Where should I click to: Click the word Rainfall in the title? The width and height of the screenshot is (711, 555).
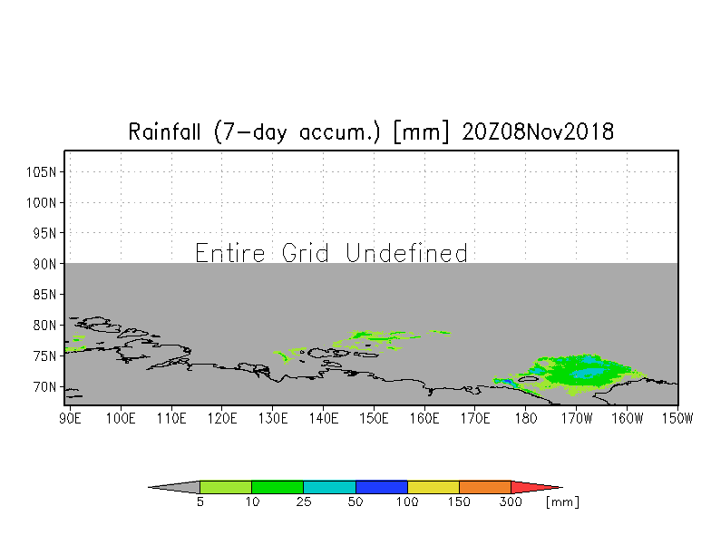coord(164,132)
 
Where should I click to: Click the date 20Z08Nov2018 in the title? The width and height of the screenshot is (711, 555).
coord(538,132)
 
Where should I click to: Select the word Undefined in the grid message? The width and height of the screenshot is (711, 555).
coord(406,252)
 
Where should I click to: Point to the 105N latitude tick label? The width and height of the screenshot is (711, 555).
coord(41,172)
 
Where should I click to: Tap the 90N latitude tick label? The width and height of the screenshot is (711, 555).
coord(44,264)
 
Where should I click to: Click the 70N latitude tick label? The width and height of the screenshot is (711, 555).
coord(44,386)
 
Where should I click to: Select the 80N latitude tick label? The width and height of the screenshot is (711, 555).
coord(44,325)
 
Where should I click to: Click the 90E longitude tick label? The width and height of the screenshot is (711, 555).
coord(70,418)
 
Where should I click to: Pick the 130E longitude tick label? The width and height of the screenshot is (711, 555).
coord(272,418)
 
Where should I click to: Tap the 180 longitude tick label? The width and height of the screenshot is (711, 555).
coord(526,418)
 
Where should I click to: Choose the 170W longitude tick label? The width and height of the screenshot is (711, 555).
coord(577,418)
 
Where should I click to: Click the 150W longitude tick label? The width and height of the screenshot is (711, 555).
coord(677,418)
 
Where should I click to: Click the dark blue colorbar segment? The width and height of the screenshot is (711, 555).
coord(381,487)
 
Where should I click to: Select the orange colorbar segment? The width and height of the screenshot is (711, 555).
coord(484,487)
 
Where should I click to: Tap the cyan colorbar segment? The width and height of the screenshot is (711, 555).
coord(330,487)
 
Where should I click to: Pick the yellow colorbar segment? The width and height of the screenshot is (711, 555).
coord(433,487)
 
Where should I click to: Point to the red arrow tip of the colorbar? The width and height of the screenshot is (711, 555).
coord(562,488)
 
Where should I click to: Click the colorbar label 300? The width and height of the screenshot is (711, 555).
coord(511,502)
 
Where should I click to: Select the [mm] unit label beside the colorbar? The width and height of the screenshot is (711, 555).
coord(562,502)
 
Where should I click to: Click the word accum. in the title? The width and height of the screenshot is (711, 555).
coord(339,132)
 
